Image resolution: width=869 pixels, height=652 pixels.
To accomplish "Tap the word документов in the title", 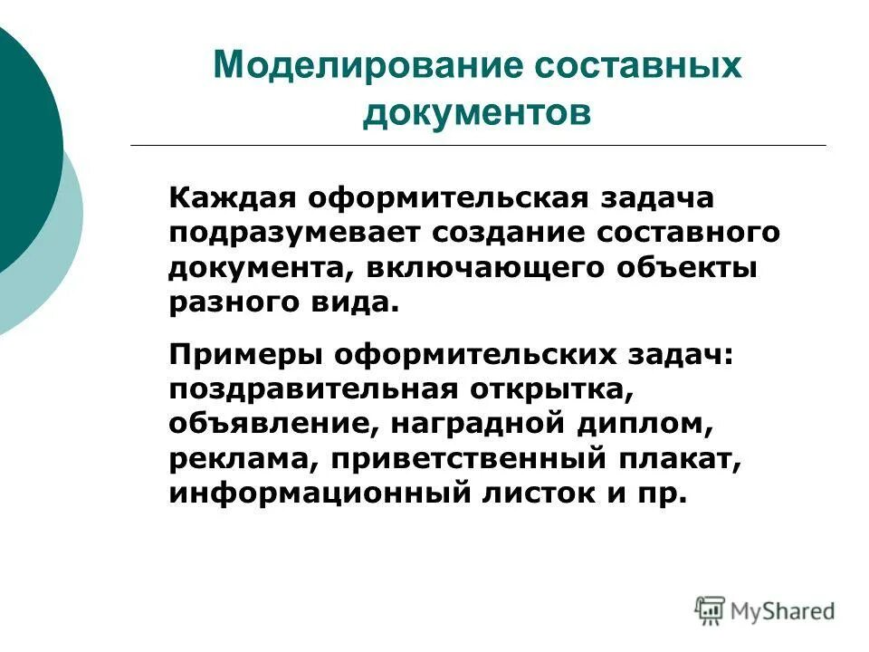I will [x=477, y=115].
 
